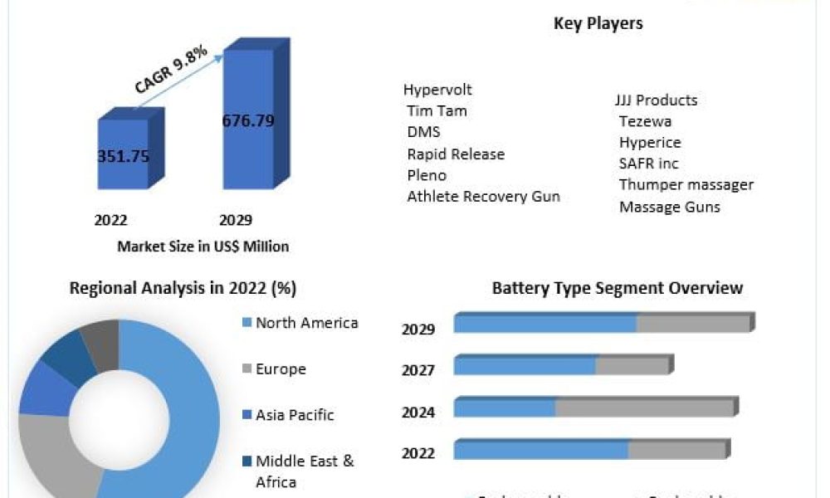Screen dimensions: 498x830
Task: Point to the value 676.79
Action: (248, 121)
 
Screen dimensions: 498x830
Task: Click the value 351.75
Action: (124, 157)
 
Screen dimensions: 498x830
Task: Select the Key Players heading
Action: (598, 23)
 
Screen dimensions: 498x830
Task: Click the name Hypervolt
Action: (437, 89)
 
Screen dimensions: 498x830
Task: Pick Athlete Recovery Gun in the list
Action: (483, 197)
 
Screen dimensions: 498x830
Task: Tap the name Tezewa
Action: (645, 121)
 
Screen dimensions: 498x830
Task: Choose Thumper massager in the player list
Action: (686, 184)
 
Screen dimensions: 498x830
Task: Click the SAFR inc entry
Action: (648, 164)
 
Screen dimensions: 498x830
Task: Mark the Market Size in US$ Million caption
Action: (203, 246)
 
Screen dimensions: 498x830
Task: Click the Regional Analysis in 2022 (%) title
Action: (183, 288)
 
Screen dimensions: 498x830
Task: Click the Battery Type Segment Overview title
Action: (617, 289)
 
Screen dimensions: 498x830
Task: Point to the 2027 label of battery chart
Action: (418, 370)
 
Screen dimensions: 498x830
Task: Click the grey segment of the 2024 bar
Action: (644, 408)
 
